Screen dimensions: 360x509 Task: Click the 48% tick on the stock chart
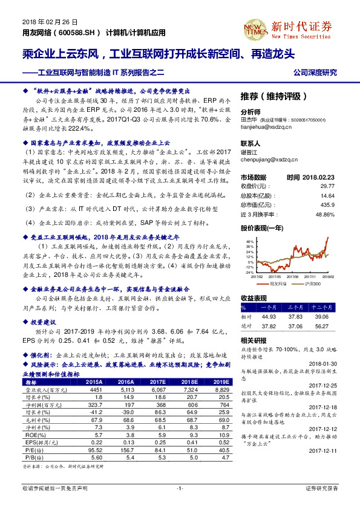click(250, 241)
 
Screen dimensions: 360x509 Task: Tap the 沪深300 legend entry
click(312, 283)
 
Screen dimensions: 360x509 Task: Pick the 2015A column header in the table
click(94, 382)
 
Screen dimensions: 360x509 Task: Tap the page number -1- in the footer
click(180, 487)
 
